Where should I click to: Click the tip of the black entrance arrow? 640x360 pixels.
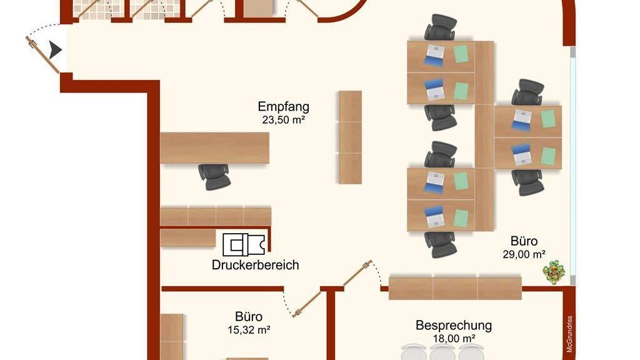[x=62, y=50]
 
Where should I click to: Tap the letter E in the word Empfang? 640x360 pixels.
[x=262, y=106]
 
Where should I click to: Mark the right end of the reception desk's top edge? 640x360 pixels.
[x=269, y=132]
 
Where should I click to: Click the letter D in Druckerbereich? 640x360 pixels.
[x=216, y=265]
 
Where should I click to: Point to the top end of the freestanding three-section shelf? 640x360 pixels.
[x=350, y=91]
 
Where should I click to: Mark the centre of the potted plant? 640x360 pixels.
[x=554, y=271]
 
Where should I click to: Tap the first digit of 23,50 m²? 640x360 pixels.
[x=265, y=120]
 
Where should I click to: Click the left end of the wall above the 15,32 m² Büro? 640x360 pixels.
[x=162, y=289]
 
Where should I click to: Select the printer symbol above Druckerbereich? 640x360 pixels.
[x=244, y=245]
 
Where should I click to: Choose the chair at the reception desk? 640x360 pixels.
[x=214, y=176]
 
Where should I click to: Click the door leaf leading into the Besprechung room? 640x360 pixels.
[x=357, y=273]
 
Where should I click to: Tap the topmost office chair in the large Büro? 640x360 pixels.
[x=440, y=27]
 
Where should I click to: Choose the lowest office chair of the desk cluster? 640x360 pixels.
[x=441, y=244]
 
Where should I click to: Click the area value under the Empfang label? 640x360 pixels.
[x=283, y=120]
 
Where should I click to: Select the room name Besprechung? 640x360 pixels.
[x=454, y=326]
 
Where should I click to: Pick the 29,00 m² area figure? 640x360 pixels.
[x=524, y=255]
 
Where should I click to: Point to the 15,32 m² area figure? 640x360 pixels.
[x=249, y=330]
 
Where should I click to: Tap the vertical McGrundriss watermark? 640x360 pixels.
[x=569, y=334]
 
